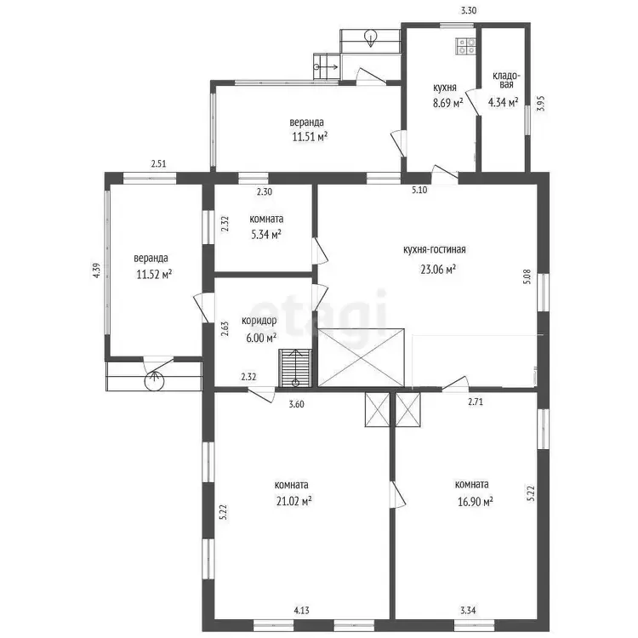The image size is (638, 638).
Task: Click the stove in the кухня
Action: [466, 46]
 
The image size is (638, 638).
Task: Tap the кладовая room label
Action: [506, 80]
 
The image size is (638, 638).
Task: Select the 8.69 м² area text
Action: [448, 103]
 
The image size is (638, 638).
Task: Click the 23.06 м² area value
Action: [438, 269]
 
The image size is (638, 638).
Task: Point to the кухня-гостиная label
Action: [434, 249]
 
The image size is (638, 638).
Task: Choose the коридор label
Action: [259, 321]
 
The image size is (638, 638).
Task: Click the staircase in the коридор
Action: [295, 368]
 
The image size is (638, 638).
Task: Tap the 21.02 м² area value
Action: [294, 501]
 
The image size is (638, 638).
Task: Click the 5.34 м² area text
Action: [266, 235]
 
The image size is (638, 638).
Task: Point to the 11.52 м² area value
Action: [154, 275]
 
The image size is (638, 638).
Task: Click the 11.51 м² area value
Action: [310, 137]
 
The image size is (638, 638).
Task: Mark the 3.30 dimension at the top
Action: [469, 11]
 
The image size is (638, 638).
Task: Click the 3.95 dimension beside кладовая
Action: [540, 103]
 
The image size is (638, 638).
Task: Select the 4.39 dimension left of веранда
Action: [96, 271]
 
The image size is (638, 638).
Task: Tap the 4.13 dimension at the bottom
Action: [301, 610]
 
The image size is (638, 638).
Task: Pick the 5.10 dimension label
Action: [419, 190]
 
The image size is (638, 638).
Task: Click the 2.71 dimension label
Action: [476, 402]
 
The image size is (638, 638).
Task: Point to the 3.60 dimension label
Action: [296, 404]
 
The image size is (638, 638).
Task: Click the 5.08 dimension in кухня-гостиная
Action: [527, 276]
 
